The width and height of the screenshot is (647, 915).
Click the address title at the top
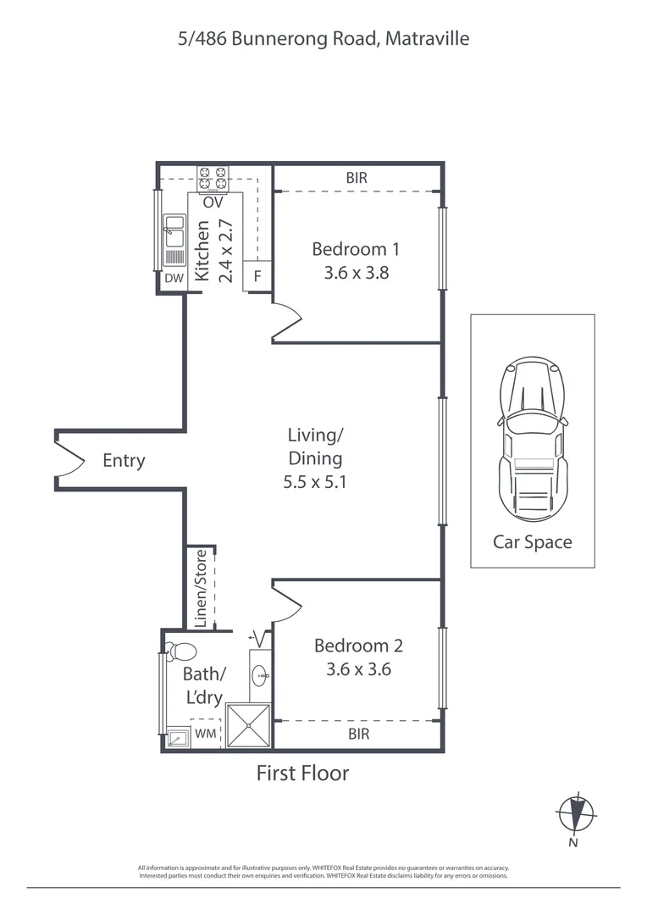pyautogui.click(x=323, y=38)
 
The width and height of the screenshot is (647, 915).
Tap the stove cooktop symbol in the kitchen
pyautogui.click(x=213, y=178)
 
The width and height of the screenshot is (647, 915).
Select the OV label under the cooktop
pyautogui.click(x=213, y=202)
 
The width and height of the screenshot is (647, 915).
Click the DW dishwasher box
pyautogui.click(x=174, y=278)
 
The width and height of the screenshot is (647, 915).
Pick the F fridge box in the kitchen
pyautogui.click(x=257, y=276)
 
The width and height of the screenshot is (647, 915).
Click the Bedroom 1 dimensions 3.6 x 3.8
pyautogui.click(x=356, y=273)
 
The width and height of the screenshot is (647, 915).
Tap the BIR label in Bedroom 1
pyautogui.click(x=356, y=179)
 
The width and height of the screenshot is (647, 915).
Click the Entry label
pyautogui.click(x=124, y=461)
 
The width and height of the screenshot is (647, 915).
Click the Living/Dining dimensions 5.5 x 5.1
pyautogui.click(x=315, y=483)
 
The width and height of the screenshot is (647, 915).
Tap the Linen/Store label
pyautogui.click(x=201, y=588)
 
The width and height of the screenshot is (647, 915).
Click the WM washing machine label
pyautogui.click(x=206, y=734)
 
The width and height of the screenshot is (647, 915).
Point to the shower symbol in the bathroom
pyautogui.click(x=250, y=725)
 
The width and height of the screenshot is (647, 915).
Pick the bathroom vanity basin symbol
pyautogui.click(x=260, y=675)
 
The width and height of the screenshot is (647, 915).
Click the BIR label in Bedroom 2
pyautogui.click(x=358, y=734)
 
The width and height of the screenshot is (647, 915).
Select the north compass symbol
pyautogui.click(x=575, y=813)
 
